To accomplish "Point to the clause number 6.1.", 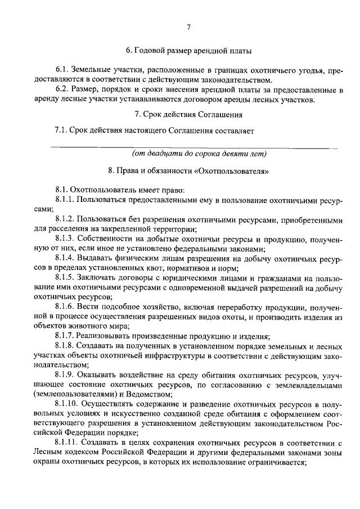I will (x=64, y=69).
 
